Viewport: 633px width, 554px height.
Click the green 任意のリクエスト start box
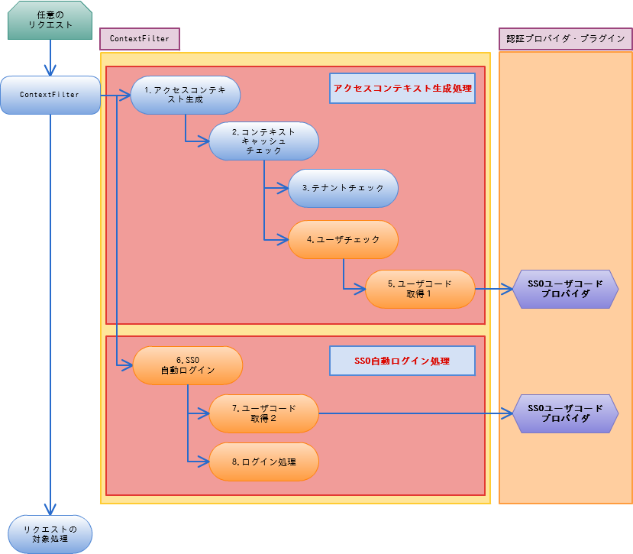point(50,20)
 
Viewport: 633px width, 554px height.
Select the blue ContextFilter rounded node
point(50,95)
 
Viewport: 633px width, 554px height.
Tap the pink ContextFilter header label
point(140,39)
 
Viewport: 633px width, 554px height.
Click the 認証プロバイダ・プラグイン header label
point(565,39)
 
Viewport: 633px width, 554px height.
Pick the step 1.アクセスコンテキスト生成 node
point(186,95)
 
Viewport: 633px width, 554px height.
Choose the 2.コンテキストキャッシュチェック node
point(263,141)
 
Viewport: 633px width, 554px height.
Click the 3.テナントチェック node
point(343,188)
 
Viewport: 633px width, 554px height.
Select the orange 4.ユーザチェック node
point(343,240)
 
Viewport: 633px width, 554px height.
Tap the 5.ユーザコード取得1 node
point(420,289)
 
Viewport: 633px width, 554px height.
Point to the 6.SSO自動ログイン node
point(188,365)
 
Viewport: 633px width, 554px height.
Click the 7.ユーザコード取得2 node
point(263,413)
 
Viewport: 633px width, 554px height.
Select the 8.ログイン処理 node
point(263,462)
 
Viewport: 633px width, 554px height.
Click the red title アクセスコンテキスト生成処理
point(402,89)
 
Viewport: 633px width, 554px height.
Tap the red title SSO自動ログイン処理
point(402,361)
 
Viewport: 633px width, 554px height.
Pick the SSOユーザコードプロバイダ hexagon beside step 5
point(566,289)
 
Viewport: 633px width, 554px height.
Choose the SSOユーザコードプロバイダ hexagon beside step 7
point(566,413)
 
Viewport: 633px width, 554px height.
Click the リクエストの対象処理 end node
point(50,533)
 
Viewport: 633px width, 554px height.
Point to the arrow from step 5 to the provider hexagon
point(494,289)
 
